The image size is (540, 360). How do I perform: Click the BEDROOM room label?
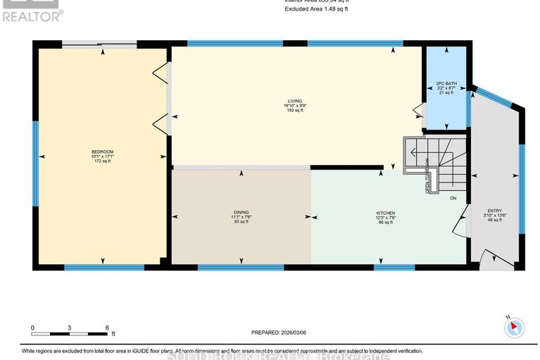[102, 152]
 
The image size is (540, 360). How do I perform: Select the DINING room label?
[241, 212]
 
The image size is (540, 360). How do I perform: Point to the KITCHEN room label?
[385, 213]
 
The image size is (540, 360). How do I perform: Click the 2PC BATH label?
[446, 84]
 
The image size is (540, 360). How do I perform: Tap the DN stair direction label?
[454, 198]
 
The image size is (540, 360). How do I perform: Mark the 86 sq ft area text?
[385, 223]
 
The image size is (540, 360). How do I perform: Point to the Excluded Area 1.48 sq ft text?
[316, 9]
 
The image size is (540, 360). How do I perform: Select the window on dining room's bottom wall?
[241, 267]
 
